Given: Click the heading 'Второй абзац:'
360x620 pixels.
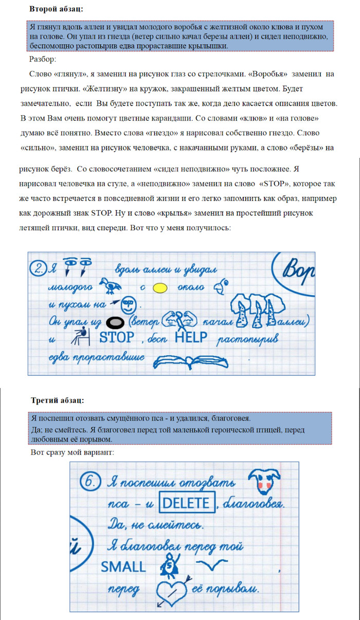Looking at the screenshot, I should [x=56, y=9].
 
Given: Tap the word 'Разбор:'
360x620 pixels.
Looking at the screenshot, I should [x=47, y=59].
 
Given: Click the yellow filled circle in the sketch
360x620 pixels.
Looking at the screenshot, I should [x=160, y=288].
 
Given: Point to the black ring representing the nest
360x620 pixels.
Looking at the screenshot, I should [x=115, y=322].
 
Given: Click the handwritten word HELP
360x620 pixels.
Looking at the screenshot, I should [x=191, y=337].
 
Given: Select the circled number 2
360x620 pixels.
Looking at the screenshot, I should [x=39, y=268].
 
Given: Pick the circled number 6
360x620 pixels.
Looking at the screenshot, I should [x=90, y=484].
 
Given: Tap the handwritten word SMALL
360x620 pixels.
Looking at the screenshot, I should [x=123, y=567].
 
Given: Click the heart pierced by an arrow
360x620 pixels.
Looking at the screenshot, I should [x=171, y=588].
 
